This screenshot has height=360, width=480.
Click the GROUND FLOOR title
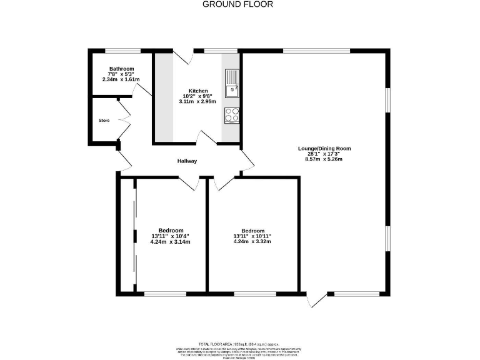[x=237, y=4]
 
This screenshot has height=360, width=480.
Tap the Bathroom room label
[x=121, y=69]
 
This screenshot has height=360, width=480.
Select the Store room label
[x=104, y=120]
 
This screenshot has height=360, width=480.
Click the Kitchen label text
[x=198, y=91]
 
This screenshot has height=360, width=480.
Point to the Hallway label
[x=187, y=161]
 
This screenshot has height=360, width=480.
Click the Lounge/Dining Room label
[x=324, y=149]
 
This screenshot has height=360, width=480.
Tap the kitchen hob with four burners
[x=231, y=115]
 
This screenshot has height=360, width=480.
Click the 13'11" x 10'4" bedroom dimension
[x=170, y=236]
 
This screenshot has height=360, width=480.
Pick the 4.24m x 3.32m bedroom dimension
[x=252, y=241]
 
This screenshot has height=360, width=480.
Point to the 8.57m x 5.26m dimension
[x=324, y=159]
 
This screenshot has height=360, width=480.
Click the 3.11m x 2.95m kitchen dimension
[x=198, y=101]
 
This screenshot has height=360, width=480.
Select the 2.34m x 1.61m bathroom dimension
[x=121, y=79]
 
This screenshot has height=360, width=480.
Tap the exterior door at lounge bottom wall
[x=317, y=300]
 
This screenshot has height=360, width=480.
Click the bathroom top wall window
[x=122, y=50]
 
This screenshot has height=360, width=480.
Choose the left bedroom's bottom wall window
[x=165, y=294]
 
